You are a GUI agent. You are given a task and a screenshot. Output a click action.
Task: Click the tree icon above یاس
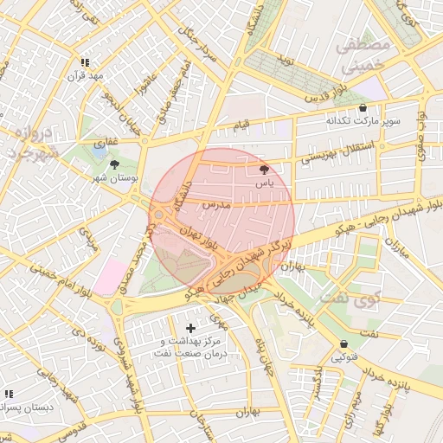click(264, 170)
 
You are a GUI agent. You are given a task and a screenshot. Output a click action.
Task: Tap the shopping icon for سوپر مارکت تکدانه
click(362, 108)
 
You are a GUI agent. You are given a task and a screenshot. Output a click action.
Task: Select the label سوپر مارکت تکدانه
click(363, 121)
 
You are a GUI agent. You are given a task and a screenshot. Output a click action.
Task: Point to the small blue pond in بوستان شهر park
click(100, 151)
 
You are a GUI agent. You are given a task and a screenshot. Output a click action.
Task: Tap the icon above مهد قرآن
click(85, 62)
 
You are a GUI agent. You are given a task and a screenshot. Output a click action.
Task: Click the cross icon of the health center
click(190, 328)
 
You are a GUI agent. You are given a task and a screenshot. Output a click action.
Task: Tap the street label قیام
click(241, 125)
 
